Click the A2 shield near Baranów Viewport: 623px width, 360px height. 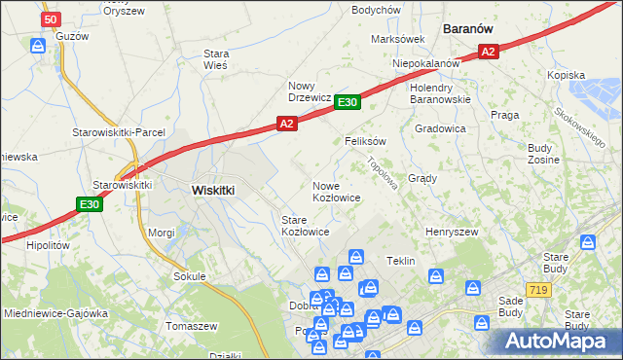[489, 53]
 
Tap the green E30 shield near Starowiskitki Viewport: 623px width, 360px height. [89, 204]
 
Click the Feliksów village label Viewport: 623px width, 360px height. [366, 141]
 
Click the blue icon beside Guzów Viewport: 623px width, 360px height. [38, 45]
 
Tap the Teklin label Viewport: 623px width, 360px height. [401, 262]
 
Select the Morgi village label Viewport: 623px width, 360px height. [161, 234]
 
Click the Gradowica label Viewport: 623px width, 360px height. [441, 128]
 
